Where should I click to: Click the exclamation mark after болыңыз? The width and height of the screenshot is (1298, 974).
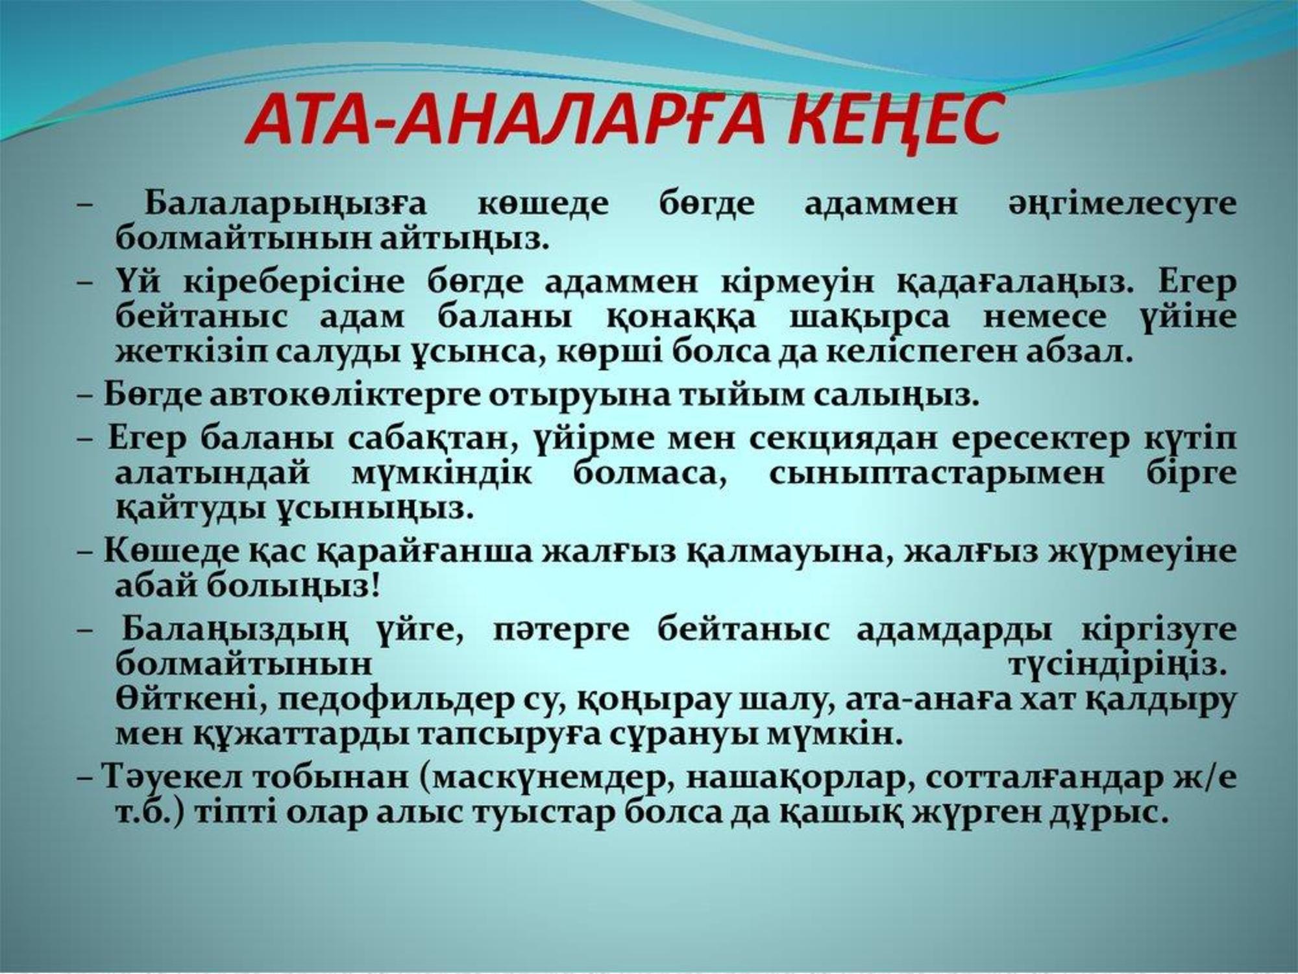click(x=373, y=586)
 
